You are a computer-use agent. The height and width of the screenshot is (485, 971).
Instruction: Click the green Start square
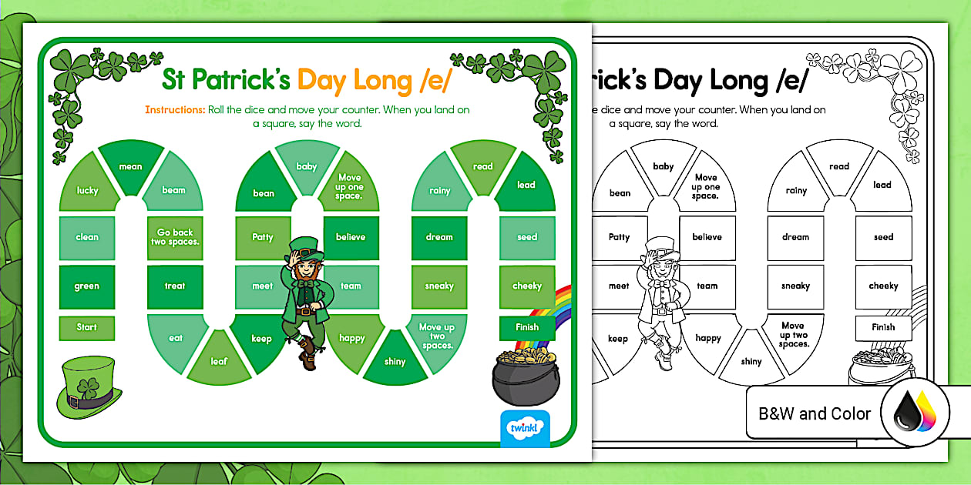86,328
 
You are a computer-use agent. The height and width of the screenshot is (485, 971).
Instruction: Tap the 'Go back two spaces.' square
175,237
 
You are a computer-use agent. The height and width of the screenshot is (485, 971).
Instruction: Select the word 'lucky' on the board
87,189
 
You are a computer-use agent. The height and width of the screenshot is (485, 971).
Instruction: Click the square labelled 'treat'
175,286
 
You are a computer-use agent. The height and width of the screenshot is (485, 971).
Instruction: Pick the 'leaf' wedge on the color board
220,360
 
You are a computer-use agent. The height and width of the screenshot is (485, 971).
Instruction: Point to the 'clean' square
86,237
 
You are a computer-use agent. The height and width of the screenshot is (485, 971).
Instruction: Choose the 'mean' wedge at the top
130,166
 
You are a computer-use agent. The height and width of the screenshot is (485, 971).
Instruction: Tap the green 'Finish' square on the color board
527,327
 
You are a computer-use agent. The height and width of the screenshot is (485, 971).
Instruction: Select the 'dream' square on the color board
439,237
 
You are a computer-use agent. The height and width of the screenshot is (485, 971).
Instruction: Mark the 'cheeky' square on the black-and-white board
883,286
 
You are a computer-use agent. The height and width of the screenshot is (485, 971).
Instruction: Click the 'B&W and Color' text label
815,413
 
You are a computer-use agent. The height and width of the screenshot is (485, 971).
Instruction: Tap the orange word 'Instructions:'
175,109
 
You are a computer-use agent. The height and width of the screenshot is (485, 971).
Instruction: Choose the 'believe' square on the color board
351,237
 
